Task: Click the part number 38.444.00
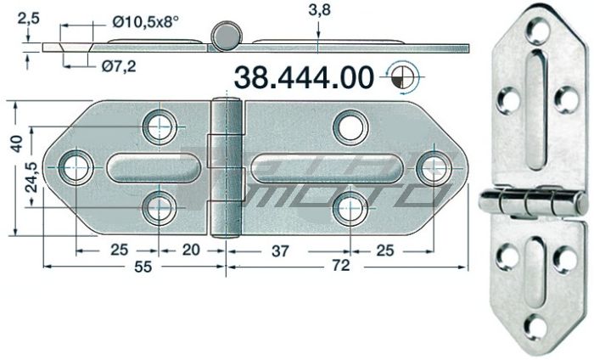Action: point(303,77)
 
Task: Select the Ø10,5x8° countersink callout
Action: point(146,23)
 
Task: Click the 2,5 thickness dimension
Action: point(28,15)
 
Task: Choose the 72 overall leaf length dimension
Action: point(339,267)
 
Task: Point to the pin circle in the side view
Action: point(226,36)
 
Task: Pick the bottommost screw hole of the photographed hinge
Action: point(535,326)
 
